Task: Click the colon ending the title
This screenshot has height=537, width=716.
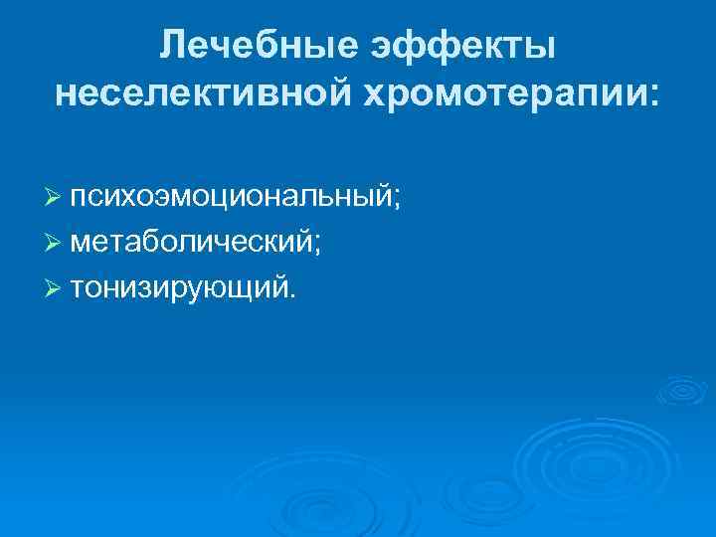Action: tap(652, 96)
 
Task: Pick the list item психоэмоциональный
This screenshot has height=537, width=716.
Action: tap(234, 197)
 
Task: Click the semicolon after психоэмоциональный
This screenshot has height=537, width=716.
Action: tap(397, 200)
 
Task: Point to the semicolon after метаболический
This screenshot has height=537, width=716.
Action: tap(316, 245)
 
